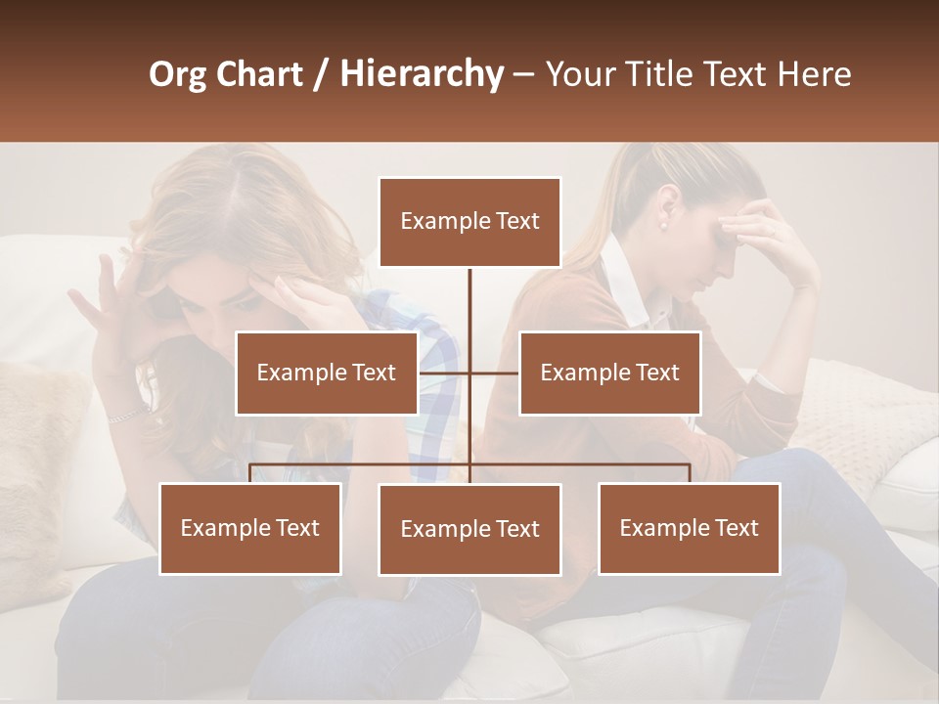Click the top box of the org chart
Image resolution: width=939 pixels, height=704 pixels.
coord(469,222)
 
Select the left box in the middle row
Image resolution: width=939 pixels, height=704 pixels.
coord(326,373)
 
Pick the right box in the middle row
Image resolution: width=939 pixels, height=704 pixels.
coord(609,373)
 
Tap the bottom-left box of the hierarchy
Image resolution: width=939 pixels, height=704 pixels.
coord(249,528)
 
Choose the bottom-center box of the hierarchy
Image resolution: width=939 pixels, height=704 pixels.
coord(469,529)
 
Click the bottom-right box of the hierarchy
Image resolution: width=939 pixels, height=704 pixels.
coord(689,528)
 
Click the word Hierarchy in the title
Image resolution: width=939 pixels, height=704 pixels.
coord(421,74)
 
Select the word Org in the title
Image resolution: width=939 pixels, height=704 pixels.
coord(178,74)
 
